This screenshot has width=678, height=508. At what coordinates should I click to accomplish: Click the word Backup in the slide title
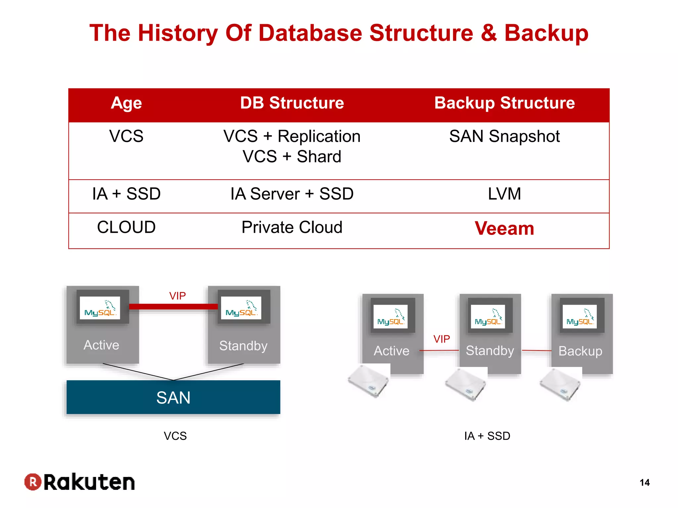(546, 33)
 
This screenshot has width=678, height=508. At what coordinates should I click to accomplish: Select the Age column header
(126, 103)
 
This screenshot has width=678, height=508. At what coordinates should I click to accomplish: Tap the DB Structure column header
(292, 103)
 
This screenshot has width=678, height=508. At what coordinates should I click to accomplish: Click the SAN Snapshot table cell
(504, 136)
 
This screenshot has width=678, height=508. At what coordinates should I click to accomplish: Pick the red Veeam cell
(504, 228)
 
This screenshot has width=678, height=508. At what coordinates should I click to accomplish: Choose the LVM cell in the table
(504, 194)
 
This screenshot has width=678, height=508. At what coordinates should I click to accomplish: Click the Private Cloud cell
(292, 227)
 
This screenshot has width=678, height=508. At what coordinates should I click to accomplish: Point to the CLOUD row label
(126, 227)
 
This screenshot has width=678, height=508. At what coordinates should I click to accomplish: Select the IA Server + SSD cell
(292, 194)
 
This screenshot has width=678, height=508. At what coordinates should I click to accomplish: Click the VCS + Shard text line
(292, 156)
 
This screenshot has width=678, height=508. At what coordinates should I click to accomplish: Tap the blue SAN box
(173, 397)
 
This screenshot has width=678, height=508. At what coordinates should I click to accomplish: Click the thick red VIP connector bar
(173, 307)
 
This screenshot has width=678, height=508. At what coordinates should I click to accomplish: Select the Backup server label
(580, 351)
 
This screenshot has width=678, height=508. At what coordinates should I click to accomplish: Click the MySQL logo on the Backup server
(580, 317)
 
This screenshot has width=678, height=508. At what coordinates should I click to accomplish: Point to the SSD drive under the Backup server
(560, 385)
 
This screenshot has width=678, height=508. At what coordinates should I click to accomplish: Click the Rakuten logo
(80, 482)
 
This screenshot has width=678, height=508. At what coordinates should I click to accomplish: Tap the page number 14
(644, 483)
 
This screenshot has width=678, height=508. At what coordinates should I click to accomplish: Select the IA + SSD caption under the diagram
(487, 436)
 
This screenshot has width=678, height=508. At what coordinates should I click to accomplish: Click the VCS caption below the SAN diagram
(175, 436)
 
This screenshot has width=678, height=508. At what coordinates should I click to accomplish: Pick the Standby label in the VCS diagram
(243, 346)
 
